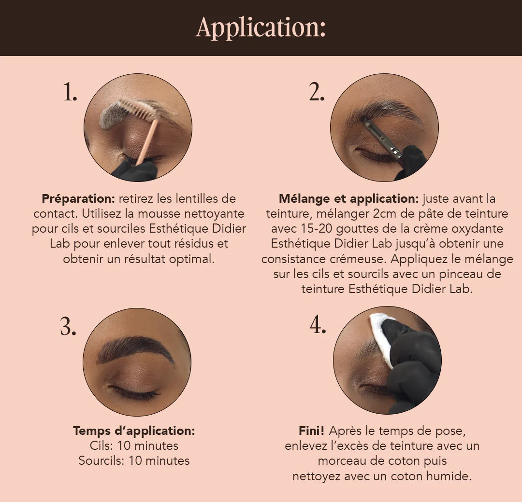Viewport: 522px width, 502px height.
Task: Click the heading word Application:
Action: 261,28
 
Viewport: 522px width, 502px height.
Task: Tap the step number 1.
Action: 70,92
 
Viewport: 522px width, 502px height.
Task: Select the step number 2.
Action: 317,92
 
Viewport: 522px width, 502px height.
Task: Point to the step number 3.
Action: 68,326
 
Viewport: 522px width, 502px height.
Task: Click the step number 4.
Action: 318,325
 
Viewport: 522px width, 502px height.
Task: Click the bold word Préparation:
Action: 78,199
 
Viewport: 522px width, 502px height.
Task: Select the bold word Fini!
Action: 312,431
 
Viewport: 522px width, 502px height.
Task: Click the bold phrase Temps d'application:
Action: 134,431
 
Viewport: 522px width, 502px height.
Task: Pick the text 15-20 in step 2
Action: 316,229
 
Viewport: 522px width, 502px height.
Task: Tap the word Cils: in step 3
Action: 101,446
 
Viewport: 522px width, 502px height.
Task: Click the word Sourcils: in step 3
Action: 101,461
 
